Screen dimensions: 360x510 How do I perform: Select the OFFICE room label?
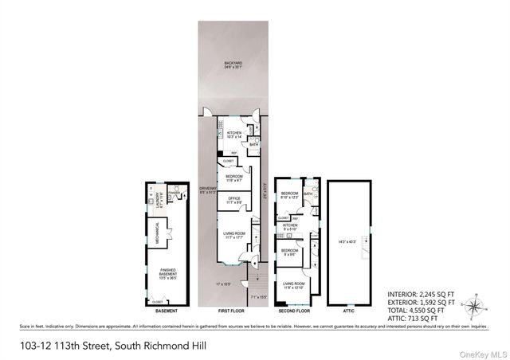click(x=234, y=200)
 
